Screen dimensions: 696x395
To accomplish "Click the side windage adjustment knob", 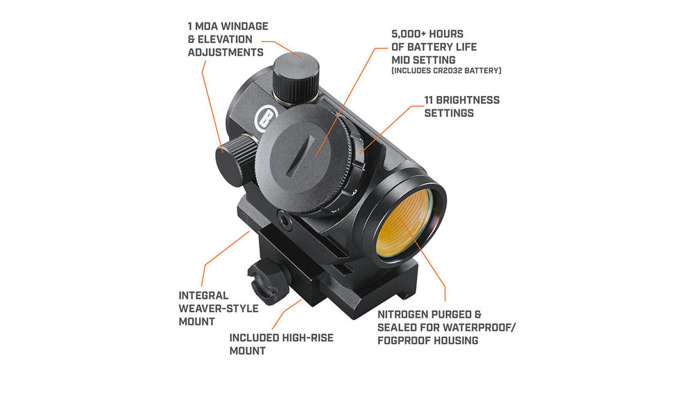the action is point(236,160).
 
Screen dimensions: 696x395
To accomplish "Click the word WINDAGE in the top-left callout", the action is point(245,26).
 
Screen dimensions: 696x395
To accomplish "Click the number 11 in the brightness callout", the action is point(428,100).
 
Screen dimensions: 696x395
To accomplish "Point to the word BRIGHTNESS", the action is point(468,100).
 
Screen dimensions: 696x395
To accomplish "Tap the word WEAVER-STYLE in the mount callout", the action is point(219,309).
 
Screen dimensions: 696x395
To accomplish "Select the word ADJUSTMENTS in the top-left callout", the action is point(226,52).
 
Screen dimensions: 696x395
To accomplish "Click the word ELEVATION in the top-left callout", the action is point(225,40).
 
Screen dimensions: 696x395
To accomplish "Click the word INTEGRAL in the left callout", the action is point(204,296).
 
